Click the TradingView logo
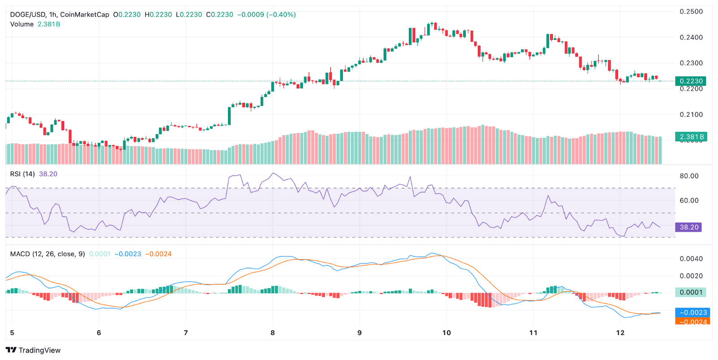point(33,350)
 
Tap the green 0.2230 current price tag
point(691,81)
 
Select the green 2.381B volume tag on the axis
point(691,137)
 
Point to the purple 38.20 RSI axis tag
point(688,227)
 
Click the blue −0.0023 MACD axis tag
point(692,312)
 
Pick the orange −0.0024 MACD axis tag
point(692,321)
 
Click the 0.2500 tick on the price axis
point(691,12)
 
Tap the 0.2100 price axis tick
point(691,114)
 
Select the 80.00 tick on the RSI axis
point(689,176)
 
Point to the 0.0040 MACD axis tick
point(691,259)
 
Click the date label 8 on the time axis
point(272,333)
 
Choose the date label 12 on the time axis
point(620,333)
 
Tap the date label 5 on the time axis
point(12,333)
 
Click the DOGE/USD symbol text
point(27,14)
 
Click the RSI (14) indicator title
point(22,174)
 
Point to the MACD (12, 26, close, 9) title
point(48,254)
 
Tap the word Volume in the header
point(22,24)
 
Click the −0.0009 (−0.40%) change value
point(267,14)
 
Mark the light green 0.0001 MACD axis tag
point(691,292)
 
